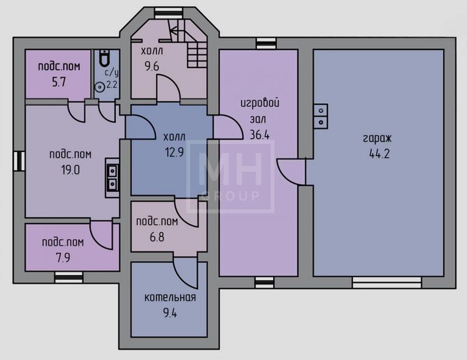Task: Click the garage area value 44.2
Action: pyautogui.click(x=379, y=154)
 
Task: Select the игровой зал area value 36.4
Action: pyautogui.click(x=260, y=135)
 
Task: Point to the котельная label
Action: pyautogui.click(x=170, y=297)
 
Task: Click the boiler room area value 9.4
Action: pyautogui.click(x=169, y=313)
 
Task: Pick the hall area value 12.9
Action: pyautogui.click(x=174, y=153)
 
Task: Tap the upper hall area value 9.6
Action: pyautogui.click(x=152, y=66)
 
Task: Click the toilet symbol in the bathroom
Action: pyautogui.click(x=104, y=58)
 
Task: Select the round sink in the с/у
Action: pyautogui.click(x=99, y=87)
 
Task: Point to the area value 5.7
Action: pyautogui.click(x=59, y=82)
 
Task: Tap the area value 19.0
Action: pyautogui.click(x=71, y=170)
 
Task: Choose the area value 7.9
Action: pyautogui.click(x=63, y=257)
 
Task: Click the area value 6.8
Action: pyautogui.click(x=157, y=237)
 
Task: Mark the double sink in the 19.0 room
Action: pyautogui.click(x=112, y=178)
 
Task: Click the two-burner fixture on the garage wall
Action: pyautogui.click(x=321, y=116)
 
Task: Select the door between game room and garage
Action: pyautogui.click(x=291, y=172)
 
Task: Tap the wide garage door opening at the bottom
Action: pyautogui.click(x=387, y=283)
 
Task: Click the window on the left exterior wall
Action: pyautogui.click(x=19, y=161)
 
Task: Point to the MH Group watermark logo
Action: pyautogui.click(x=230, y=177)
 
